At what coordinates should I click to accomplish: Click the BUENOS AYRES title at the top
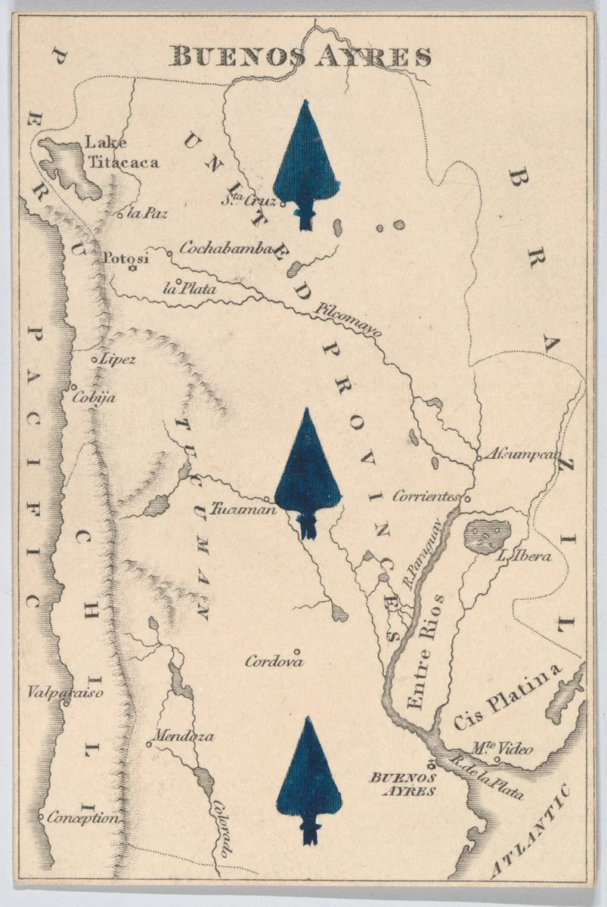[x=300, y=57]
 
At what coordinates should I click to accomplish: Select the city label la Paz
[x=147, y=213]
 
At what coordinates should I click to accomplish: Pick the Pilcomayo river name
[x=349, y=320]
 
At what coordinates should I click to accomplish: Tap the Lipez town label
[x=118, y=359]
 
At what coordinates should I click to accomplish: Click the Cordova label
[x=274, y=661]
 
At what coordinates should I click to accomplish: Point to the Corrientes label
[x=426, y=497]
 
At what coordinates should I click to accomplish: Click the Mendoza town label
[x=183, y=735]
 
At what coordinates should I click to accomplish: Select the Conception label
[x=82, y=818]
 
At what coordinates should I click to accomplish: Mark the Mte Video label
[x=502, y=749]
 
